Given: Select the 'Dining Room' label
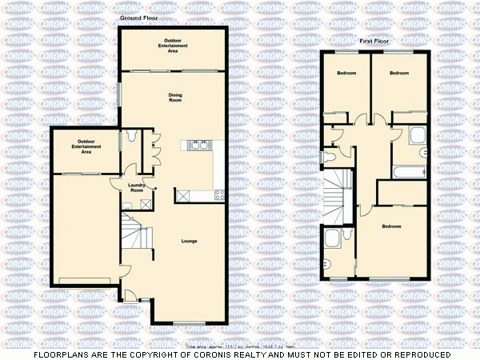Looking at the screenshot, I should (174, 98).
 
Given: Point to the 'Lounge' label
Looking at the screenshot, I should (189, 241).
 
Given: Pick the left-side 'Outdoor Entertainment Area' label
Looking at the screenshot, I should (82, 146).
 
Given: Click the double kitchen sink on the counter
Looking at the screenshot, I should (198, 146).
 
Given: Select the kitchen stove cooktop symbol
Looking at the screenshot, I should (218, 193).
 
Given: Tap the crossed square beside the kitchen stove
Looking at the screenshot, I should (184, 194).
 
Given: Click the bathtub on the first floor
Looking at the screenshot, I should (409, 170).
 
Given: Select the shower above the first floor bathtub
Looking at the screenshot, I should (418, 136).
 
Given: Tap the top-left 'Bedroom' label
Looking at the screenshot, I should (346, 73).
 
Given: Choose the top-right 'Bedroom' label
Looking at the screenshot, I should (399, 73).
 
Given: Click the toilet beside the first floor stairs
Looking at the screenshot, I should (330, 157).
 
